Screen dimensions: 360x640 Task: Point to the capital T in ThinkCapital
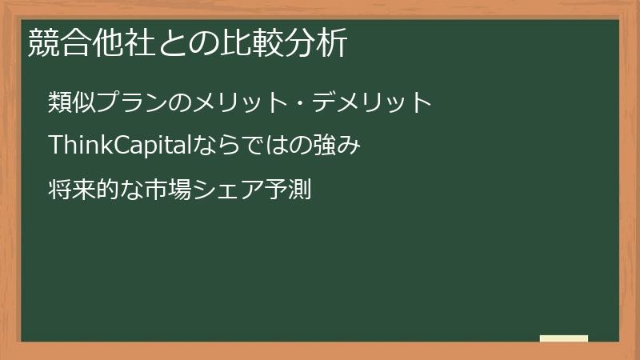(55, 146)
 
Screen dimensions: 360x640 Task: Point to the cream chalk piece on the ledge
(564, 338)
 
